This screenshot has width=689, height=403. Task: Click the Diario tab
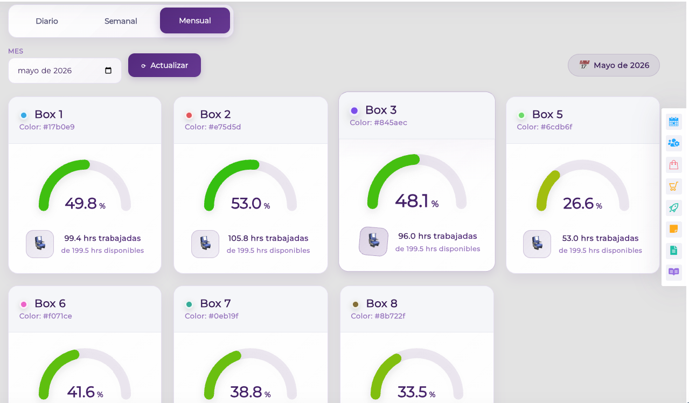(x=47, y=21)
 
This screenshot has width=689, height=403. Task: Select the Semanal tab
(x=121, y=21)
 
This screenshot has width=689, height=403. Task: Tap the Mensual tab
(x=195, y=20)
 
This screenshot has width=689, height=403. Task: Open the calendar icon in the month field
(x=108, y=71)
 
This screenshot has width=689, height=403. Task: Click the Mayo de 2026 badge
(x=614, y=65)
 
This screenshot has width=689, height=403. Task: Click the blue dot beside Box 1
(x=24, y=115)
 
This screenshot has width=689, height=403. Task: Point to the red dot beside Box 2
(x=189, y=115)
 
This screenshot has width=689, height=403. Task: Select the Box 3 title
(x=381, y=110)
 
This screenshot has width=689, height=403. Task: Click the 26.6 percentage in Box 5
(x=582, y=203)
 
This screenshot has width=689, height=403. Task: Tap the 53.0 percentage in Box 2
(x=250, y=203)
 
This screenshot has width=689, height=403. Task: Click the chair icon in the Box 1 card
(x=40, y=244)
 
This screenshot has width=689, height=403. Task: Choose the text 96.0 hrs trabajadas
(x=437, y=236)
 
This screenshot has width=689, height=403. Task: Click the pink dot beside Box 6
(x=24, y=304)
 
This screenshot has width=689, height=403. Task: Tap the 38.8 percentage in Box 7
(x=250, y=392)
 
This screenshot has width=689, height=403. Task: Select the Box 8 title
(x=381, y=303)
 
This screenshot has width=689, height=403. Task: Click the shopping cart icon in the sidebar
(x=673, y=186)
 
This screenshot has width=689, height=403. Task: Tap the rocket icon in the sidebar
(x=673, y=208)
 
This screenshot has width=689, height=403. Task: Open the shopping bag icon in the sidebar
(x=673, y=165)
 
